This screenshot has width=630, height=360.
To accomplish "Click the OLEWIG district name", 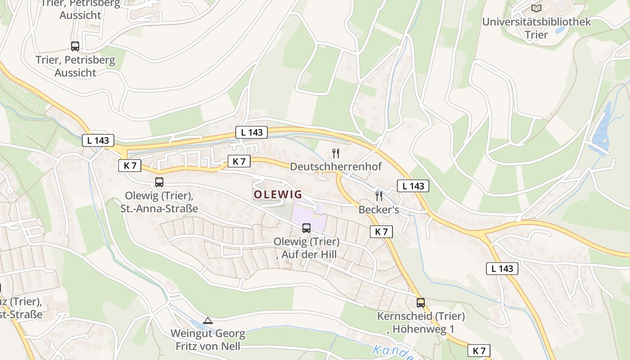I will point(278,194).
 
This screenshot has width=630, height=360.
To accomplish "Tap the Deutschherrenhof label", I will point(335,166).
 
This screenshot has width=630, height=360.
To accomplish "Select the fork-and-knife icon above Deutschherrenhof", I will point(335,153).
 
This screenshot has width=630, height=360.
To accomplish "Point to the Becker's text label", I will point(378,210).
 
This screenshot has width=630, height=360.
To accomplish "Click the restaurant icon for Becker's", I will point(379,196).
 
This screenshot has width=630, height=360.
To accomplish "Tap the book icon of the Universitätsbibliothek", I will point(536,8).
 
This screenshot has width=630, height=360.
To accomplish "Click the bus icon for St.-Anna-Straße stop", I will point(159,182).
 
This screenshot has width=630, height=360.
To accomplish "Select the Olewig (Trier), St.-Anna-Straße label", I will point(159,202).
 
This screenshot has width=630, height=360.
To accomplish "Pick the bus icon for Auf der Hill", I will point(306,228).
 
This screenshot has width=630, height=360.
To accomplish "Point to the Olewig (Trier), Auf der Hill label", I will point(306,248).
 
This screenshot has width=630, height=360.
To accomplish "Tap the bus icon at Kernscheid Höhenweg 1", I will point(421,302).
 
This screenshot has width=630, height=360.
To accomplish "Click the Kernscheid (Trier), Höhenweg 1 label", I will point(421,323).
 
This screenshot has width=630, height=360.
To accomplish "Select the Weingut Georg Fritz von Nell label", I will point(207,340).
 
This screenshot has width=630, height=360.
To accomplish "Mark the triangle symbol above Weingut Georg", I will point(207,321).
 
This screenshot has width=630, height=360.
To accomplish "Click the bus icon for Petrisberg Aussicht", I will point(75,46).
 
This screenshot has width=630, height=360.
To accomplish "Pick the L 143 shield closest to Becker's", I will point(413,186).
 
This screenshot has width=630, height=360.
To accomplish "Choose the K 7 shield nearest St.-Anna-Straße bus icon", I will point(130,166).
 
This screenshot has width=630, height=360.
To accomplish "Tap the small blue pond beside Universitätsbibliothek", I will point(560,30).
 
